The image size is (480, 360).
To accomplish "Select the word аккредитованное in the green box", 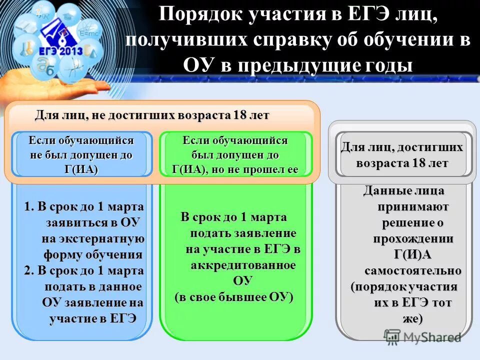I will pyautogui.click(x=243, y=264).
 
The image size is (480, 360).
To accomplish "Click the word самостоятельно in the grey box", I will pyautogui.click(x=412, y=270).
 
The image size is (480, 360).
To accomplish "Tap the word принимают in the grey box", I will pyautogui.click(x=413, y=206).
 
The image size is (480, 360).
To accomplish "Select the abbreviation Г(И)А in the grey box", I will pyautogui.click(x=412, y=254).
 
